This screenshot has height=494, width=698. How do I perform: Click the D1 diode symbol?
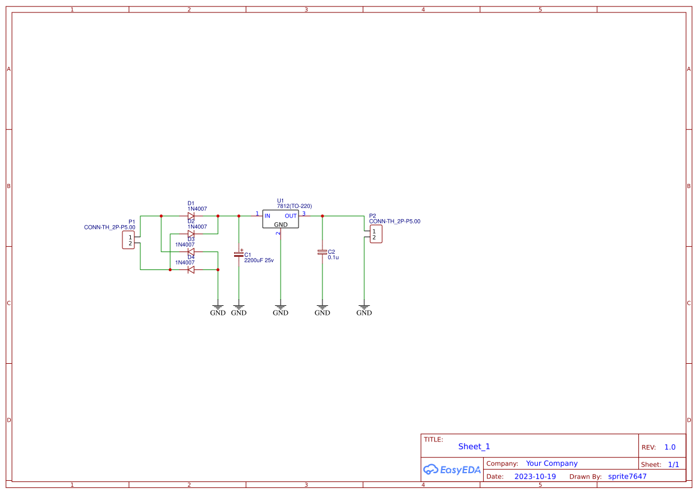[x=191, y=216]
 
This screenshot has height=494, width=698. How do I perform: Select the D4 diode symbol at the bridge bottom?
[x=191, y=270]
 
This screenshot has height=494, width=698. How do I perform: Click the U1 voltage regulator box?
[x=280, y=220]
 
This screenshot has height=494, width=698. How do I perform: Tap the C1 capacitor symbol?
[x=239, y=254]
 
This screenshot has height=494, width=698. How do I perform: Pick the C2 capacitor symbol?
[x=322, y=252]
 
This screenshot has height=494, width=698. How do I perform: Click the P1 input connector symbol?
[x=128, y=240]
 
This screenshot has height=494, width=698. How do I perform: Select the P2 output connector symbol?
[x=376, y=234]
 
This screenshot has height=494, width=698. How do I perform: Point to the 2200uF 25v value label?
[x=259, y=260]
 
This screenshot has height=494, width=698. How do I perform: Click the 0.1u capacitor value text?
[x=333, y=257]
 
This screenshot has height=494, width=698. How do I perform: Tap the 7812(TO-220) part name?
[x=294, y=206]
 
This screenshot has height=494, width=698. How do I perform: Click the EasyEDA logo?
[x=451, y=470]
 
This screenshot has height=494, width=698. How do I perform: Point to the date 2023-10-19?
[x=535, y=477]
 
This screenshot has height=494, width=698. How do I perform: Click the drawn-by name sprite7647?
[x=627, y=477]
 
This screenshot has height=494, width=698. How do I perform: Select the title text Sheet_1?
[x=474, y=446]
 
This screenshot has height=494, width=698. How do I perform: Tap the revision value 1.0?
[x=670, y=447]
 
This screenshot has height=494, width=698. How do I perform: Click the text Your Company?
[x=552, y=464]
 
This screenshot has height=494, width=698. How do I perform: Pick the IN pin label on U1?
[x=267, y=216]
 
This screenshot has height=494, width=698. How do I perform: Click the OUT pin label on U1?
[x=291, y=216]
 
